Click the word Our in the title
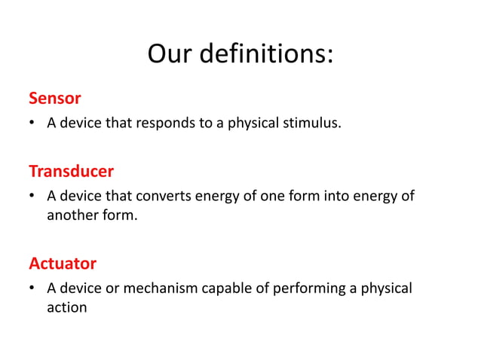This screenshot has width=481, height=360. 170,54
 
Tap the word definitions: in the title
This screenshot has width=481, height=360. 266,54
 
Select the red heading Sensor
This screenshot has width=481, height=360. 54,98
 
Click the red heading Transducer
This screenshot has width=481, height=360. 71,171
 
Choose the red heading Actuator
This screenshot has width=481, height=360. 63,264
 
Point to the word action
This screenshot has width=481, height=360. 66,307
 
